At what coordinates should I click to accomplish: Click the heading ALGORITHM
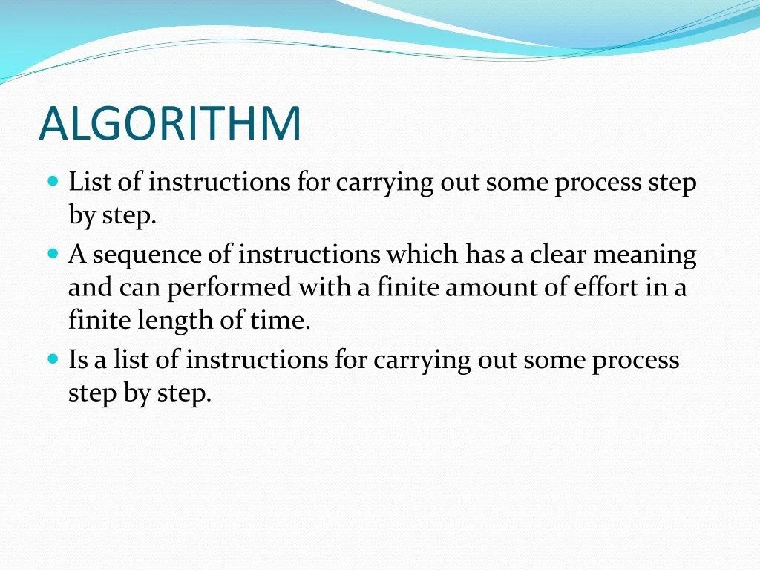tap(170, 123)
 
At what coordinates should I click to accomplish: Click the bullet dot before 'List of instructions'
tap(52, 181)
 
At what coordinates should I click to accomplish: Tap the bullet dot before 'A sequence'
tap(52, 254)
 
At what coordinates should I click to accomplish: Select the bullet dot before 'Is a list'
tap(52, 359)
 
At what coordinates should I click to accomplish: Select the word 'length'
tap(167, 321)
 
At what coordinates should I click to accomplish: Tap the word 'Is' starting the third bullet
tap(78, 360)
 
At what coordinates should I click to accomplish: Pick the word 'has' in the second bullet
tap(484, 255)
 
